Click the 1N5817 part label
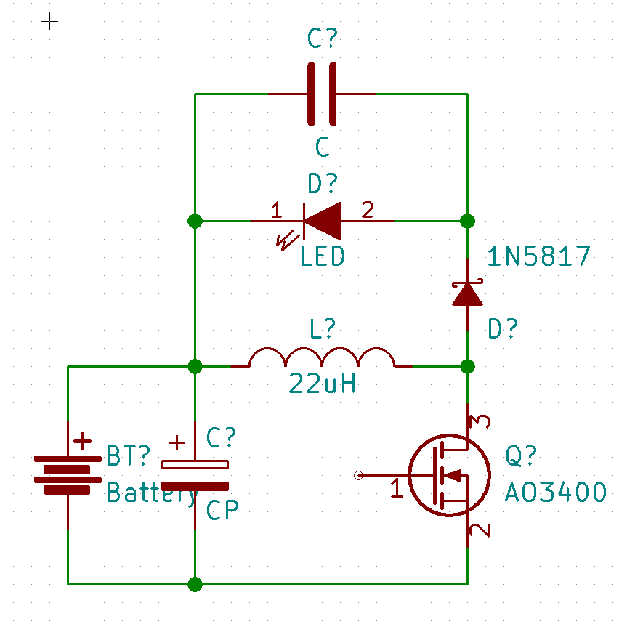point(538,256)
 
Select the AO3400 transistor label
point(555,492)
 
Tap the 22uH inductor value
point(322,384)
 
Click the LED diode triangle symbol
point(323,221)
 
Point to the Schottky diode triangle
point(467,294)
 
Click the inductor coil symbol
point(322,357)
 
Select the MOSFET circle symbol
point(450,475)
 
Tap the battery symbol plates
point(68,474)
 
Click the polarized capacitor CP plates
point(195,475)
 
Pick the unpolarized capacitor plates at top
point(322,94)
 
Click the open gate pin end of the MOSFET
point(358,475)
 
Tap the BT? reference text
point(128,455)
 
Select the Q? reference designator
point(521,455)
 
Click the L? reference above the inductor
point(323,328)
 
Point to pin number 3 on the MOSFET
point(480,421)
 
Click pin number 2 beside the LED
point(368,210)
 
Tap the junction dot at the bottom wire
point(195,584)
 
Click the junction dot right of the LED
point(467,221)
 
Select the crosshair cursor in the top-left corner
point(49,21)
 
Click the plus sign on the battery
point(82,442)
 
